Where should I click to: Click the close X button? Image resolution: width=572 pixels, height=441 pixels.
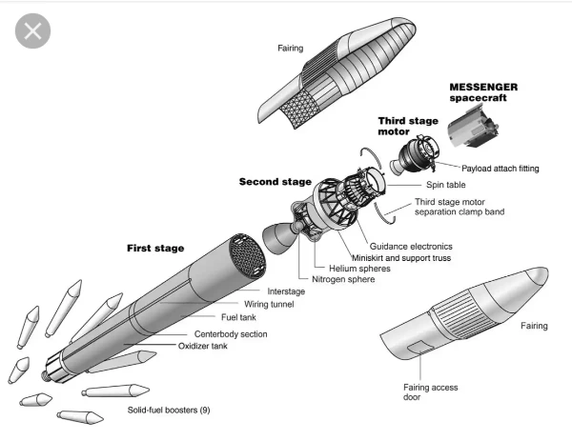32,30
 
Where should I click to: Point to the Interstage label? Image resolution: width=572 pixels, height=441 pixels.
287,291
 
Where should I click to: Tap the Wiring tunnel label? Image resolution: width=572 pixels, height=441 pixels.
270,305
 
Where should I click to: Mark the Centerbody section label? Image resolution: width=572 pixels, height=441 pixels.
231,334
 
